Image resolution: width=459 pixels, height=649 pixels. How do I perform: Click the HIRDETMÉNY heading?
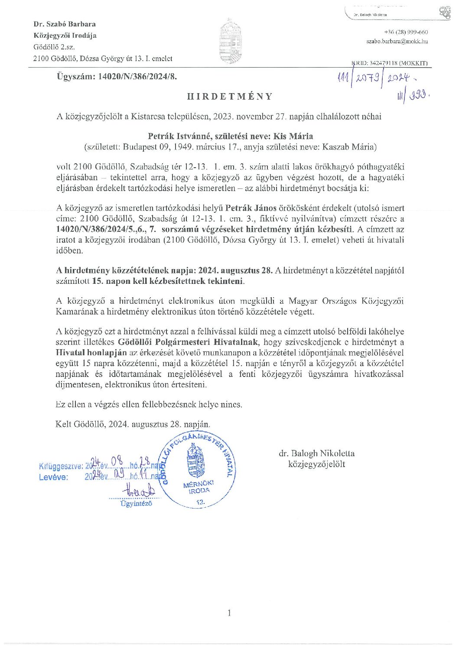(x=230, y=97)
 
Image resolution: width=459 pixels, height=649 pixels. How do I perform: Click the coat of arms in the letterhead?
(x=230, y=41)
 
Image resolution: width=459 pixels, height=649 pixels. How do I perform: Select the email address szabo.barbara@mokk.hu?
(x=397, y=42)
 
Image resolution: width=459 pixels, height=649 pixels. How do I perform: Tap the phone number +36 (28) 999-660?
(x=406, y=32)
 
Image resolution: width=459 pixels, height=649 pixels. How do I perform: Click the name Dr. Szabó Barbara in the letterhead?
(x=65, y=24)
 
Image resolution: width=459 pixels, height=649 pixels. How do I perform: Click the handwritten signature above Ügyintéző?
(x=140, y=491)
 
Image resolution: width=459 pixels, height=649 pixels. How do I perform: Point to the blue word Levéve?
(x=53, y=477)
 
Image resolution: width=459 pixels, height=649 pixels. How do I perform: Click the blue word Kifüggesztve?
(x=60, y=467)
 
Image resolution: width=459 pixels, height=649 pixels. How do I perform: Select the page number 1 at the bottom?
(x=229, y=613)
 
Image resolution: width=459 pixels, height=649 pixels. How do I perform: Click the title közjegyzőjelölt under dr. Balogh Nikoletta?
(x=316, y=464)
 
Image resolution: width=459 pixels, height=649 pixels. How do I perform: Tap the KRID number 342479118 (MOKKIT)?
(x=391, y=63)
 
